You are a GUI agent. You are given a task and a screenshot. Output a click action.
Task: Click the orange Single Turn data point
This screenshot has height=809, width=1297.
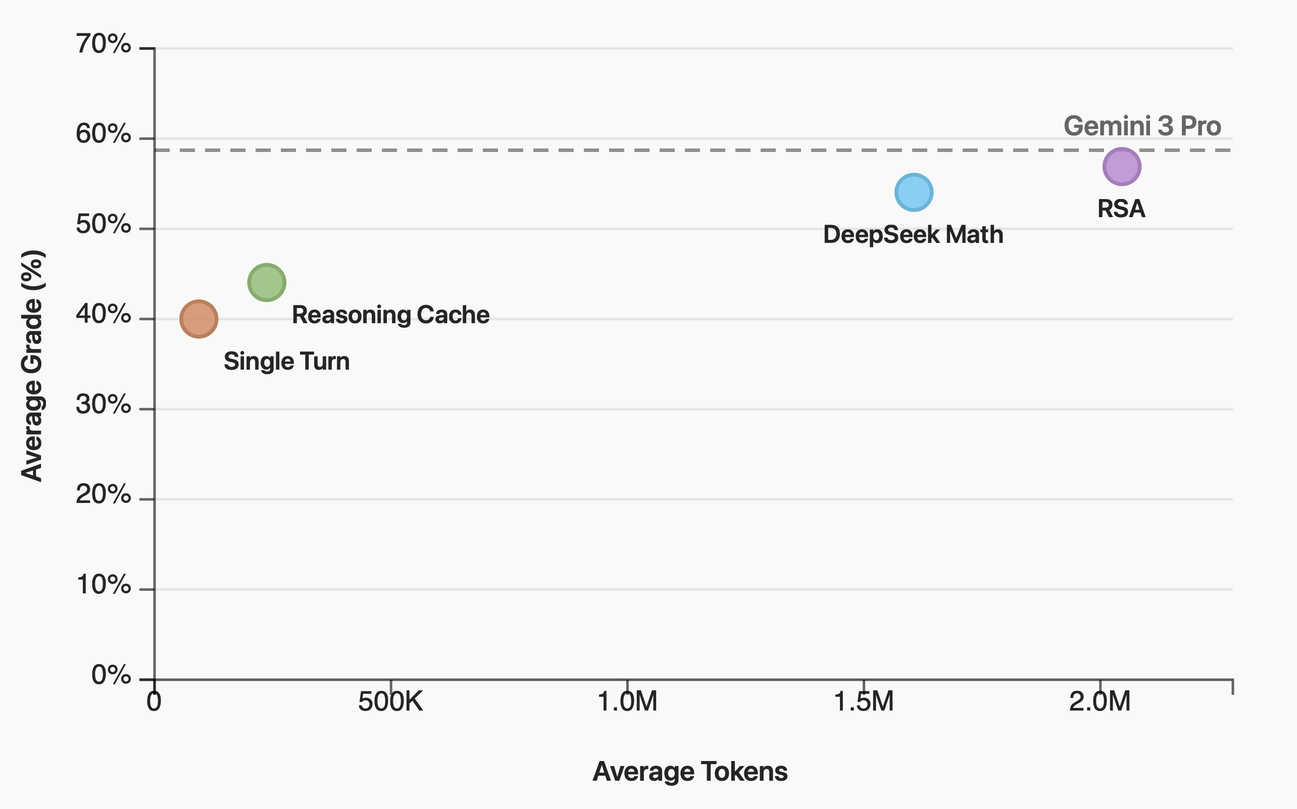click(198, 319)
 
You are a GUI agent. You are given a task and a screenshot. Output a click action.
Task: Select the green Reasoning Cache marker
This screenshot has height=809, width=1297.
click(267, 282)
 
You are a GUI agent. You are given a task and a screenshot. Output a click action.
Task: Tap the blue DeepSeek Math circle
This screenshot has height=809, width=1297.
click(913, 192)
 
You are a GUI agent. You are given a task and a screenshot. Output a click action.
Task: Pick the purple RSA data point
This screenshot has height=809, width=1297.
click(1122, 167)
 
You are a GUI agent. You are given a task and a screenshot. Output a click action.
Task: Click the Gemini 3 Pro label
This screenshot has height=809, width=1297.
click(1142, 126)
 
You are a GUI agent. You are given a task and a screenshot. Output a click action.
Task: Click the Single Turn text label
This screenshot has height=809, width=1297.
click(286, 361)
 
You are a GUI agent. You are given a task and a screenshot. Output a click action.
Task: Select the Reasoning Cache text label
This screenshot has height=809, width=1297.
click(390, 315)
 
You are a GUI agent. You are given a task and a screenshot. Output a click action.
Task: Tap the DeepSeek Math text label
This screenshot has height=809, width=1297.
click(913, 234)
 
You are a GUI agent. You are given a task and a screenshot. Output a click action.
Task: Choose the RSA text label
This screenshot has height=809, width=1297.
click(1121, 209)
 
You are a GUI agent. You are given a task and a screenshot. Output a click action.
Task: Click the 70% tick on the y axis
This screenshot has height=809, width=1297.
click(103, 44)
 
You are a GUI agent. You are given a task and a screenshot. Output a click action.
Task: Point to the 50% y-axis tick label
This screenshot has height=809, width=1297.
click(103, 224)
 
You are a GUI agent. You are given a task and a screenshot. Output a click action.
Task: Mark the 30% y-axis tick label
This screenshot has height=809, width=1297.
click(103, 404)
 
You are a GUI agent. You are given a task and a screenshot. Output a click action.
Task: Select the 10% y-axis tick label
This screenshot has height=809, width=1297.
click(103, 585)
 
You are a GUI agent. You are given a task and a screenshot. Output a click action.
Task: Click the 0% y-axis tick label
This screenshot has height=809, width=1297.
click(111, 675)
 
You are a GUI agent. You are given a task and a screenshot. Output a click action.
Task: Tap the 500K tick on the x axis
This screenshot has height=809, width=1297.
click(390, 701)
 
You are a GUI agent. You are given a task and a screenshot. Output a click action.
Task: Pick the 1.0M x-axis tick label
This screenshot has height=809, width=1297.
click(627, 701)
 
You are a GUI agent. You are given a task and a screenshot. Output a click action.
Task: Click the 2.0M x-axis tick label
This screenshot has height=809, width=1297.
click(1100, 701)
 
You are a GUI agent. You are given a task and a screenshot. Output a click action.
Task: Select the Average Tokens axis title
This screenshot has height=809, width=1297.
click(690, 772)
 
